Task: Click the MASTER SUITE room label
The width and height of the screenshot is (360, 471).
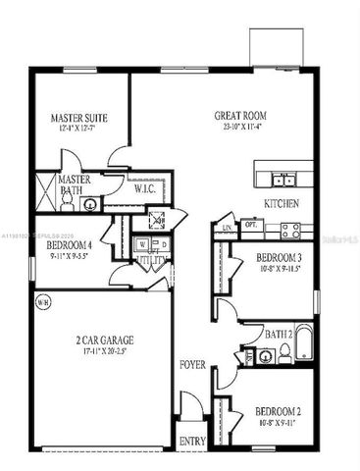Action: coord(79,119)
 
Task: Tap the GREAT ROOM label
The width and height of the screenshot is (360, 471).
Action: coord(240,116)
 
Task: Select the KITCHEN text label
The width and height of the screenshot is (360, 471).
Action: coord(282,203)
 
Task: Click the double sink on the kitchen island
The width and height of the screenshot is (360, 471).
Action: coord(284,179)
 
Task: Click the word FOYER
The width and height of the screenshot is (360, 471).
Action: coord(192,365)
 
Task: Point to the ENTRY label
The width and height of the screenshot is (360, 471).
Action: coord(192,443)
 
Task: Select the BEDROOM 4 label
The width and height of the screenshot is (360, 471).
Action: coord(70,245)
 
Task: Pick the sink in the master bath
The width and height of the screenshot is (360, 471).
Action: coord(89,204)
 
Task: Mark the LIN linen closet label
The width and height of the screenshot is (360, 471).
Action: coord(226,228)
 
